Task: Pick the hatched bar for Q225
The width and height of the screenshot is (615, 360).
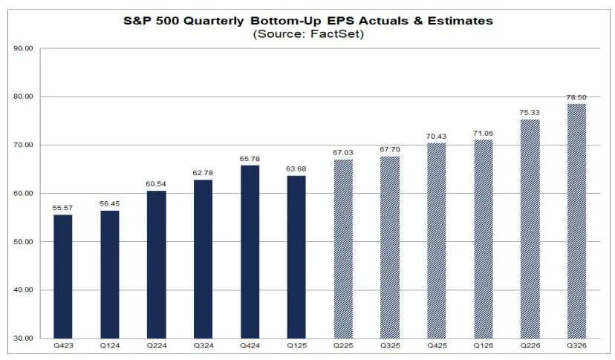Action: click(x=342, y=249)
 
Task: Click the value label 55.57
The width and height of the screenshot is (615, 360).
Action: click(x=63, y=207)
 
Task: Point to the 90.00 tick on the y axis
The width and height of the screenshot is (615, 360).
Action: click(x=24, y=49)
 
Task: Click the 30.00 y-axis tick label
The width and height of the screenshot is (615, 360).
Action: click(x=24, y=338)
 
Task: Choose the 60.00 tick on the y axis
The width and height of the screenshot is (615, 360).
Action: click(x=24, y=194)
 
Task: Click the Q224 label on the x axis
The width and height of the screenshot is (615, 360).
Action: click(x=156, y=347)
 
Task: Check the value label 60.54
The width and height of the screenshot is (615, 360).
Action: click(x=156, y=183)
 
